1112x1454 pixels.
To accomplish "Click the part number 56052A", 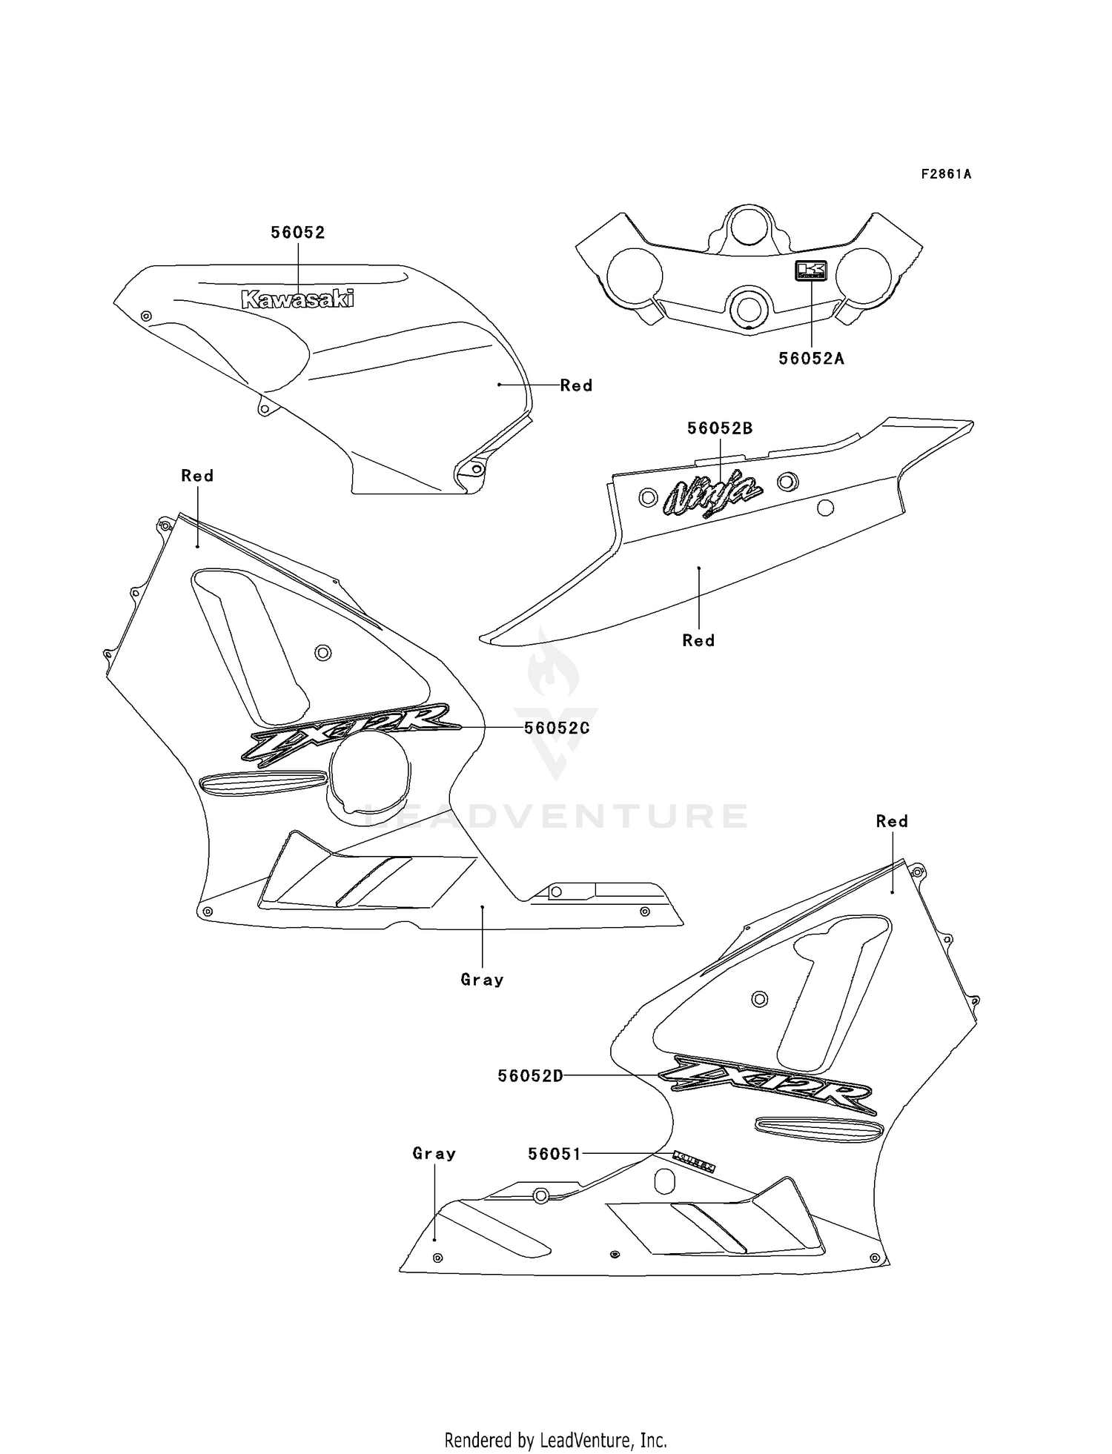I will coord(811,359).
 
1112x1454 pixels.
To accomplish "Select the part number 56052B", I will coord(719,428).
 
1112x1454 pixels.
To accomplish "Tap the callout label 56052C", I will coord(557,728).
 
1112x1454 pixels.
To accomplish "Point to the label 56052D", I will coord(530,1076).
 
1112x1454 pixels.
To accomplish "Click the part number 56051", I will coord(555,1154).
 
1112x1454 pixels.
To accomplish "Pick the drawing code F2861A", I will coord(946,174).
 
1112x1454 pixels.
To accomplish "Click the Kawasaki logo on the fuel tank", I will coord(298,299).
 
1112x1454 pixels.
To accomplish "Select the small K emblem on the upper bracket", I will coord(810,270).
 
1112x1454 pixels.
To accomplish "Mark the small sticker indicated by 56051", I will coord(694,1162).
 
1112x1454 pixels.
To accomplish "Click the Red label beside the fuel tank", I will coord(576,385).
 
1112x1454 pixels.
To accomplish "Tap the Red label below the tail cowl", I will coord(698,640).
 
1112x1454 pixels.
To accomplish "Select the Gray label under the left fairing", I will coord(482,980).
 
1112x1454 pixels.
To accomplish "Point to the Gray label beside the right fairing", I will coord(434,1153).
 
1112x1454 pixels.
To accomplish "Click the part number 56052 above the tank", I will coord(297,232).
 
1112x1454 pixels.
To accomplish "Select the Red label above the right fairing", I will coord(891,821).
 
